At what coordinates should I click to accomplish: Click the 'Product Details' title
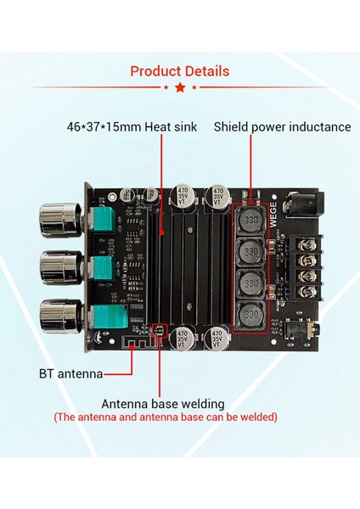179,70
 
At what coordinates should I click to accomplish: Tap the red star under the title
179,87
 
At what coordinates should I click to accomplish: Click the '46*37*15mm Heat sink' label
132,127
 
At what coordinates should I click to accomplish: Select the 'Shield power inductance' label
282,127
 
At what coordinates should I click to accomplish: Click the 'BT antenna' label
71,372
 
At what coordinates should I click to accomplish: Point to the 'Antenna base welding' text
163,403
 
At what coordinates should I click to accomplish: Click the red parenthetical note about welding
165,417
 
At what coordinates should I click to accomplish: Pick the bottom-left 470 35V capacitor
184,339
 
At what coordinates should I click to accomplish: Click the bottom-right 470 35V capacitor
219,339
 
